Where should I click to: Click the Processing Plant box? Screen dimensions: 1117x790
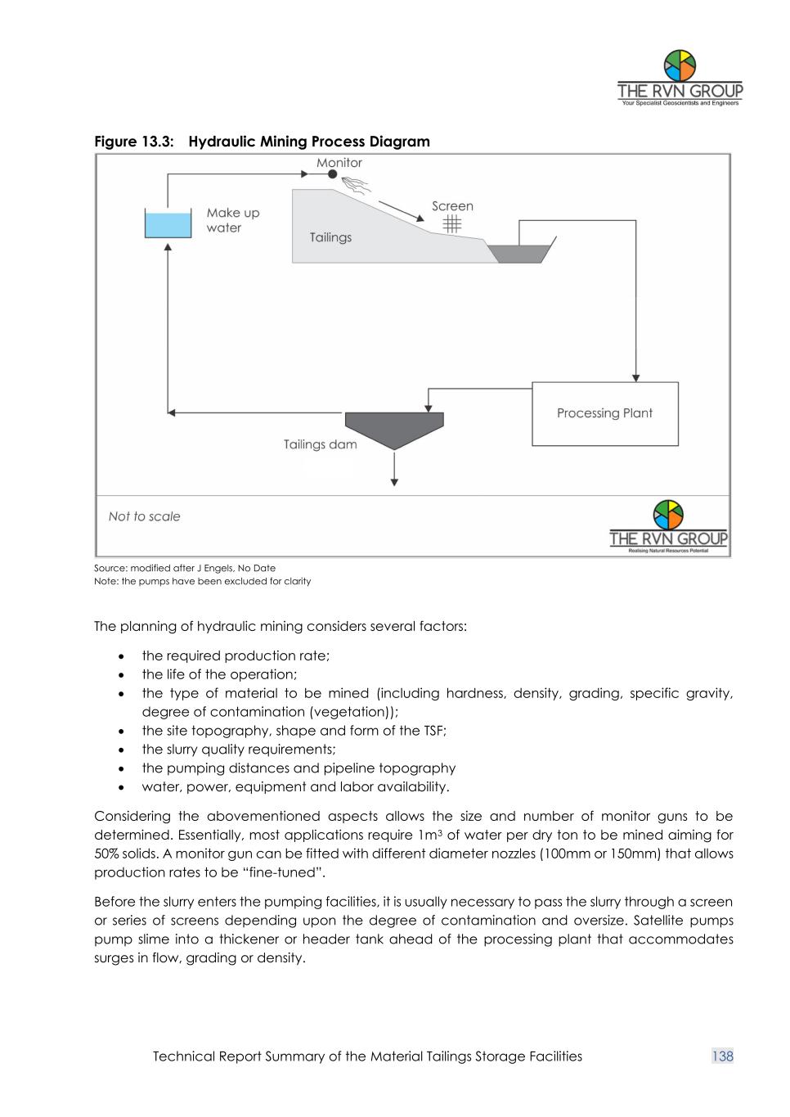[604, 413]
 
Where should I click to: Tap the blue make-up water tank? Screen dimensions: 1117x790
[168, 224]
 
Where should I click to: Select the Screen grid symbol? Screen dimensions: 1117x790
[452, 224]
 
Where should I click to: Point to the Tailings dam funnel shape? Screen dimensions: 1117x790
[394, 428]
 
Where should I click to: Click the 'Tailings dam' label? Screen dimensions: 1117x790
[320, 444]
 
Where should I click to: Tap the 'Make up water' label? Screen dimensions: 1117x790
[232, 220]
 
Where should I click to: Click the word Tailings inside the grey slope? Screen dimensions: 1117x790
[330, 237]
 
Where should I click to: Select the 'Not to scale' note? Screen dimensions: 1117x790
[144, 516]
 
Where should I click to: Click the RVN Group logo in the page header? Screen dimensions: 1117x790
[680, 79]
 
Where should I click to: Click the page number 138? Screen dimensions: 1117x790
[723, 1056]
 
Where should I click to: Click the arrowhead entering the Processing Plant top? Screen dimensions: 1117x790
[635, 377]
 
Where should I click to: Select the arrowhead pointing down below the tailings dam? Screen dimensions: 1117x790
[395, 482]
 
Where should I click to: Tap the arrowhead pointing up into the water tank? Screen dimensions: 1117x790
[168, 245]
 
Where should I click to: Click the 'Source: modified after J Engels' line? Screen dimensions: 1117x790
[185, 568]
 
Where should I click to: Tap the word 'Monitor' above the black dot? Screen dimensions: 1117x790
[339, 162]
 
